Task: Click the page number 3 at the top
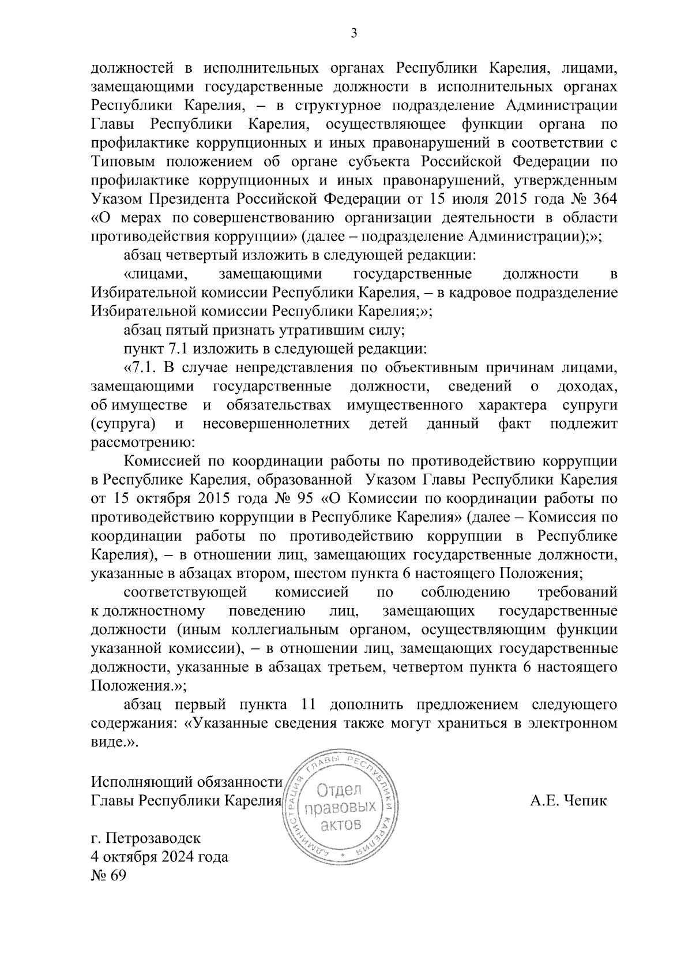354,33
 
